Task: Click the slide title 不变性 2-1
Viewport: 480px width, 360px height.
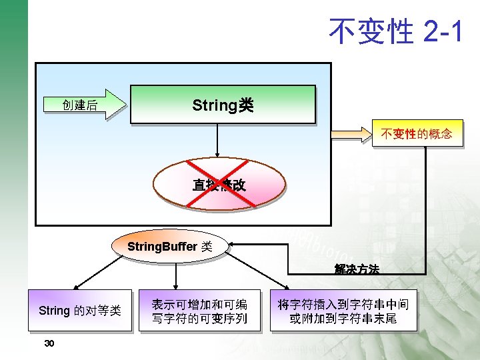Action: [x=395, y=31]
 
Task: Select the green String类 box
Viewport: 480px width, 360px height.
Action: [x=222, y=105]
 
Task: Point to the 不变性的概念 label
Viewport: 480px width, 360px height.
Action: [x=416, y=134]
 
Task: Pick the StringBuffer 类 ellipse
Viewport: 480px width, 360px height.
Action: [x=169, y=246]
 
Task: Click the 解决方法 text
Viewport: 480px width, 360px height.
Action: [x=357, y=269]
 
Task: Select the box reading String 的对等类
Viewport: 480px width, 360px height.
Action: [x=79, y=310]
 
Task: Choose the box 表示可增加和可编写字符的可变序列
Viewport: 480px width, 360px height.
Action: [x=199, y=311]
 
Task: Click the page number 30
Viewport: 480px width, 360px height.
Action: [x=49, y=343]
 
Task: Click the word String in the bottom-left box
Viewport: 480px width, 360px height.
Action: [x=54, y=310]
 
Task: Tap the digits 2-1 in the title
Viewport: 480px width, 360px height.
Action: [x=442, y=31]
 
